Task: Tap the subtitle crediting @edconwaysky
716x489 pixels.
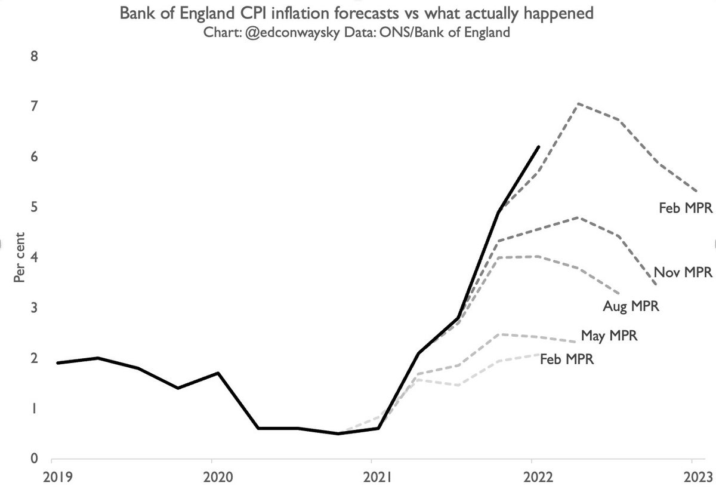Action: click(x=357, y=32)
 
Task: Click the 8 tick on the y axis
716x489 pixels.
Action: click(x=35, y=57)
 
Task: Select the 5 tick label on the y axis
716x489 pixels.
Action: click(x=35, y=208)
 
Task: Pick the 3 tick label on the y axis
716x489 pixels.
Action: click(x=35, y=308)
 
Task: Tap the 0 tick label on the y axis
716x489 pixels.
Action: click(x=35, y=459)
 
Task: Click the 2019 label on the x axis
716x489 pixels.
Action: click(x=52, y=477)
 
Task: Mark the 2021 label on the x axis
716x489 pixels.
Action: click(x=372, y=477)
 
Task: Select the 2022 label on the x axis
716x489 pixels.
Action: click(x=532, y=477)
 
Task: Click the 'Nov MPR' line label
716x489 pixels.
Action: click(x=683, y=272)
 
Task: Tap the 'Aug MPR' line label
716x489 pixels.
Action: click(x=630, y=307)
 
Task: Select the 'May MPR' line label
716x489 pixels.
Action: click(x=609, y=336)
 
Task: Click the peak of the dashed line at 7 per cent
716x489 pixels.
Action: click(x=578, y=104)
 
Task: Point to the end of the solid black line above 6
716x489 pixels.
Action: click(x=539, y=146)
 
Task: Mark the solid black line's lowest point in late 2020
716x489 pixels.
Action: click(x=338, y=433)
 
